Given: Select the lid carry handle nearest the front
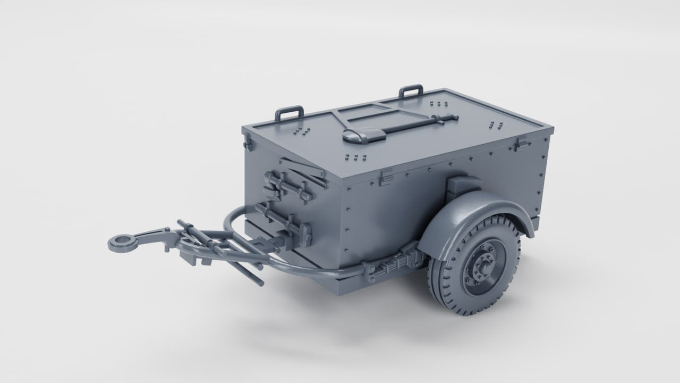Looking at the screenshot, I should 289,113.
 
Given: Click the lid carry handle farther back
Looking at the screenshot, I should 411,90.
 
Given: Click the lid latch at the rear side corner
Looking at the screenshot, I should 522,142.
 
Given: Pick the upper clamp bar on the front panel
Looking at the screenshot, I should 287,186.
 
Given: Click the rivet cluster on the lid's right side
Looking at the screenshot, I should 497,126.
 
